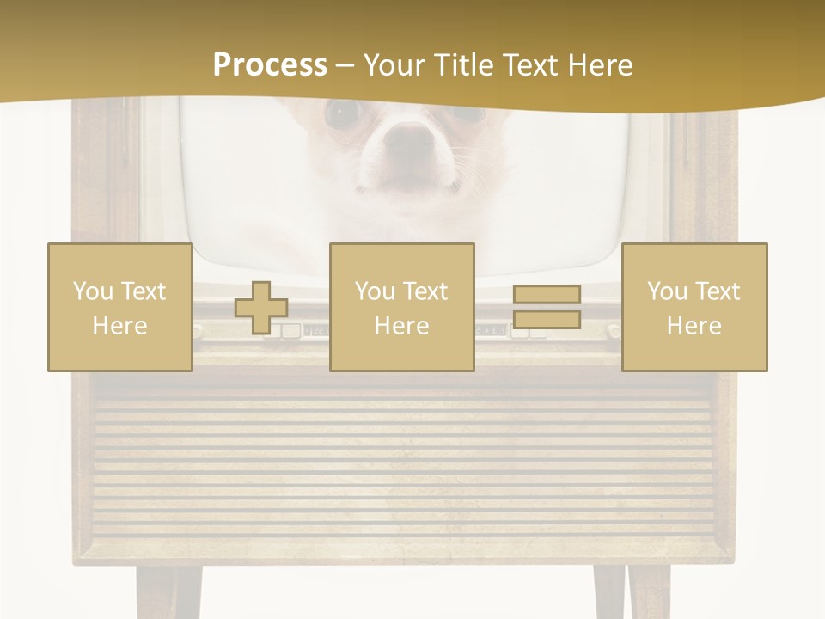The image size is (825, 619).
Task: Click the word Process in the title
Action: tap(270, 65)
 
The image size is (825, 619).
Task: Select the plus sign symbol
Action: tap(261, 308)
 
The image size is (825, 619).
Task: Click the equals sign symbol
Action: tap(547, 307)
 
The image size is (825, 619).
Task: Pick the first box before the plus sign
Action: tap(119, 307)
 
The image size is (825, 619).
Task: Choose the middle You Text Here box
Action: tap(401, 307)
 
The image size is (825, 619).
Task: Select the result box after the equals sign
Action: tap(694, 307)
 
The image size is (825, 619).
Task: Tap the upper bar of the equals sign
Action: tap(547, 295)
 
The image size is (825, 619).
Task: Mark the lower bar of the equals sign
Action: tap(547, 320)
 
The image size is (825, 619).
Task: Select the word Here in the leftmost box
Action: tap(119, 326)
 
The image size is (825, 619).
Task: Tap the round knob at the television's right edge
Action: tap(614, 330)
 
